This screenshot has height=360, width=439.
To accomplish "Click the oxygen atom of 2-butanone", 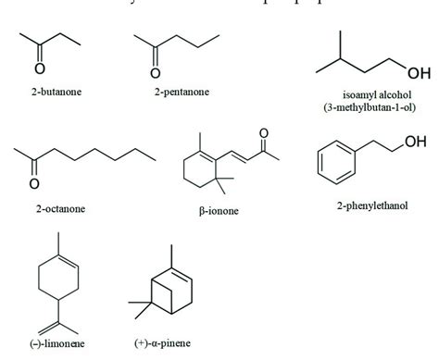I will click(x=38, y=66).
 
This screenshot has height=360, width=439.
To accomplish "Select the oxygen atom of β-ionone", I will click(x=263, y=135).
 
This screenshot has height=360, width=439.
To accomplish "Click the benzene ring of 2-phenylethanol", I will click(x=335, y=163).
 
